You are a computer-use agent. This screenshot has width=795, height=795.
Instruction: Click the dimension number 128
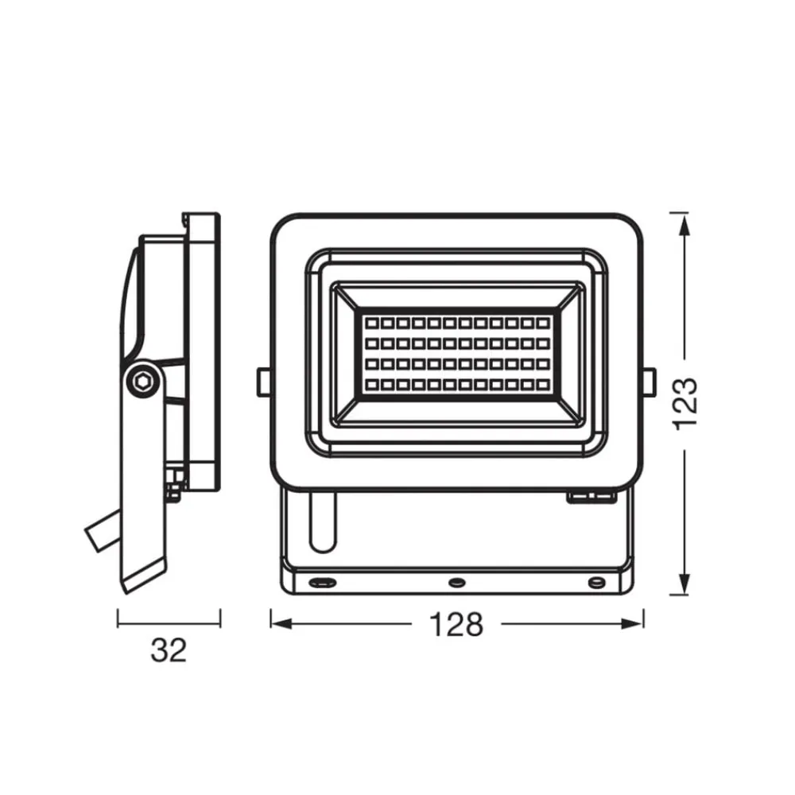(456, 624)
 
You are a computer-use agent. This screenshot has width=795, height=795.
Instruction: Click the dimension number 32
(169, 650)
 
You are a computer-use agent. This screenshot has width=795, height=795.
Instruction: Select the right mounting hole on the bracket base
(595, 582)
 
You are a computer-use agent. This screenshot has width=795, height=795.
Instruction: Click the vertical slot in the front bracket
(323, 521)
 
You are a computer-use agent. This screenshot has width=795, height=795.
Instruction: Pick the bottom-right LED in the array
(543, 386)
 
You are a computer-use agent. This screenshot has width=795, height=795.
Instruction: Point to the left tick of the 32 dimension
(118, 619)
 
